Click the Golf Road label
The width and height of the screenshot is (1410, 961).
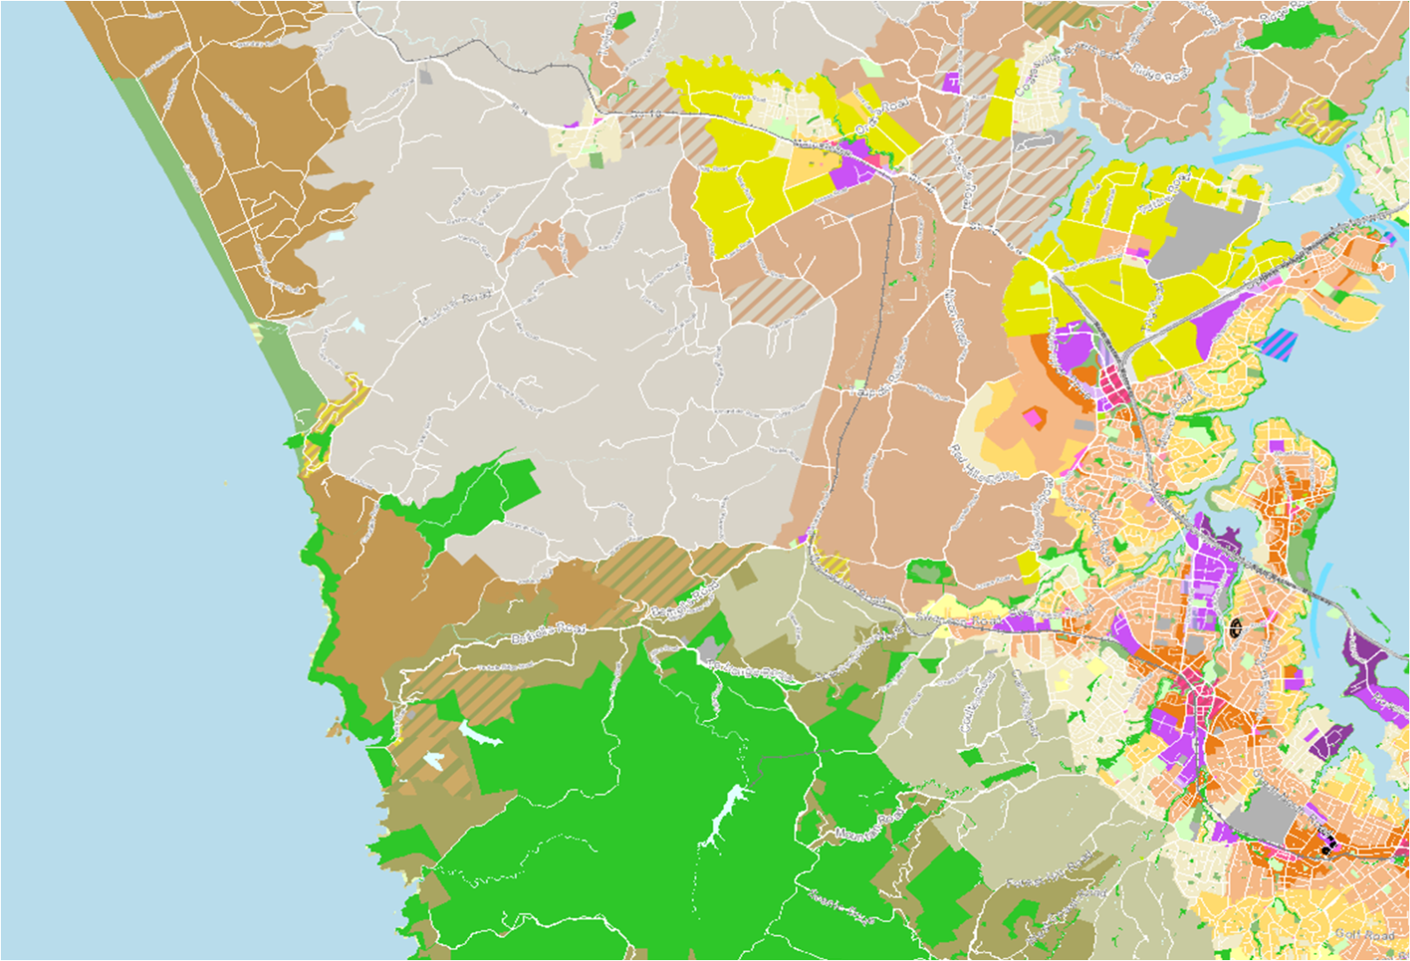pyautogui.click(x=1365, y=933)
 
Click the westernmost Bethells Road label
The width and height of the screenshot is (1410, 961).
pyautogui.click(x=546, y=634)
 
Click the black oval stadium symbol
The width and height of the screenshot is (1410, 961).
pyautogui.click(x=1236, y=628)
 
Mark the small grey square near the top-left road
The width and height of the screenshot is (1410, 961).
pyautogui.click(x=425, y=75)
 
